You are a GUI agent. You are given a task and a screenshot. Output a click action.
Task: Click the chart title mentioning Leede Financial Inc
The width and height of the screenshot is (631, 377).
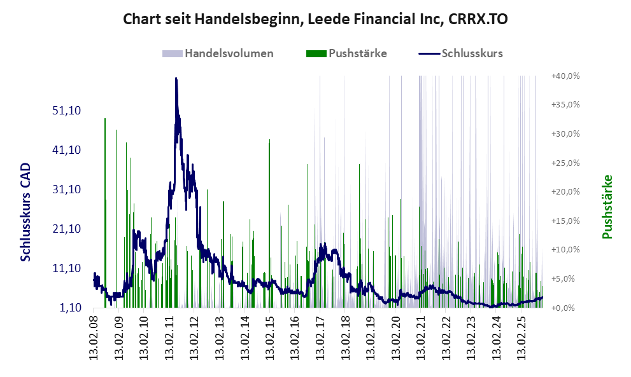pos(315,19)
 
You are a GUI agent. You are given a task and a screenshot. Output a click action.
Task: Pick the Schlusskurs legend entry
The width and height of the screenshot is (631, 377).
pos(471,53)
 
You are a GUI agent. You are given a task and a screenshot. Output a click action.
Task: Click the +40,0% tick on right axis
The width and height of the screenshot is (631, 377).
pos(565,76)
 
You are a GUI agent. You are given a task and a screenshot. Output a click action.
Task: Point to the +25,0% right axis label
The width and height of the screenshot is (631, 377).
pos(565,163)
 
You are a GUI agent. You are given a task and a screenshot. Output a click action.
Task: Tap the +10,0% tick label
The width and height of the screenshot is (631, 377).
pos(565,250)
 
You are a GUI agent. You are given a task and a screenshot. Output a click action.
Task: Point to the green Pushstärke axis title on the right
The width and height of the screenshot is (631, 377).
pos(607,207)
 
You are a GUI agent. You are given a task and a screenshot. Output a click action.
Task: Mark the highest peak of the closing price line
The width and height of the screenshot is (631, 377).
pos(176,79)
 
